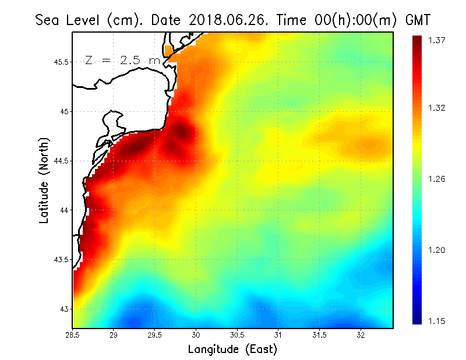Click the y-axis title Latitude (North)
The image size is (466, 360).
(x=44, y=181)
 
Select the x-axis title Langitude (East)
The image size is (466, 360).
(x=232, y=350)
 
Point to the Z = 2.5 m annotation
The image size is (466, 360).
(x=122, y=61)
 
